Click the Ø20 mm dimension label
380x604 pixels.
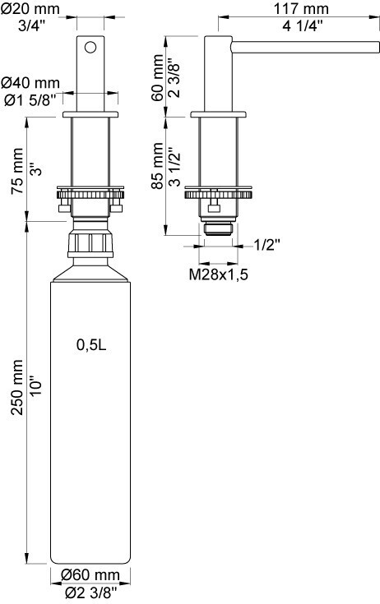[x=30, y=8]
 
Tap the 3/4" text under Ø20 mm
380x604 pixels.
[x=31, y=26]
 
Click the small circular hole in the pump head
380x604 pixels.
[x=90, y=48]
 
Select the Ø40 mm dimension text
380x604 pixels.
[x=30, y=82]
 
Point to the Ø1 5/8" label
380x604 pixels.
[x=30, y=100]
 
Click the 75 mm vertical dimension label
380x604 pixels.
[x=17, y=171]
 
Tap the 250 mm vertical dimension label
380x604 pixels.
[x=17, y=387]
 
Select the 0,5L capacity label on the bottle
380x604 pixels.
[x=91, y=345]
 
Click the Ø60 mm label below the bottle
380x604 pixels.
[x=90, y=575]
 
